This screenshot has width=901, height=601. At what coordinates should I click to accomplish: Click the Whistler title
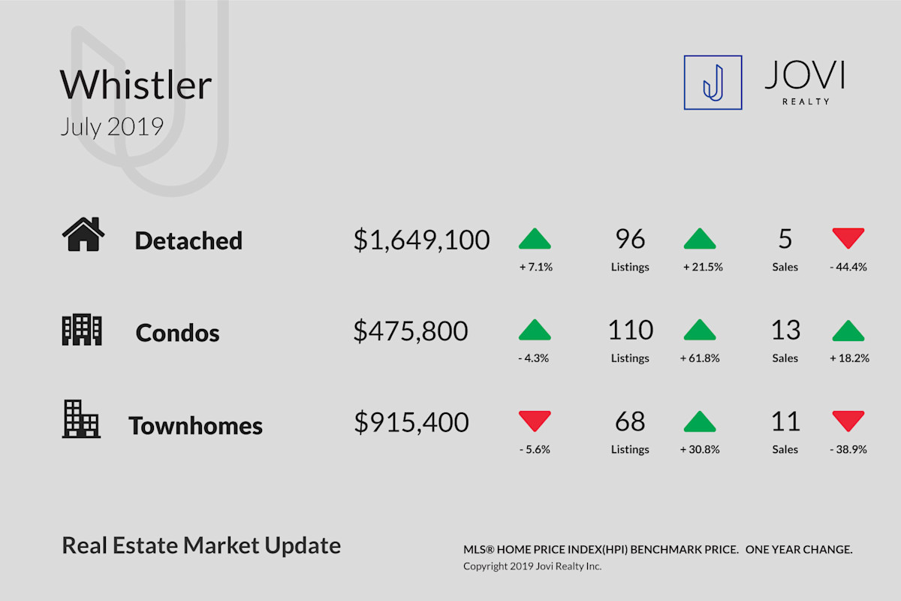coord(136,85)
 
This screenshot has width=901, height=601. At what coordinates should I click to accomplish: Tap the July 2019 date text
coord(112,127)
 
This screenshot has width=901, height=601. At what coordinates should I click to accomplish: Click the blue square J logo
coord(713,83)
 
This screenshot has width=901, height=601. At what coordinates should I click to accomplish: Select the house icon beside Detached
coord(83,234)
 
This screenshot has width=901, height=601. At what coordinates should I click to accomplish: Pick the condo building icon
coord(82,330)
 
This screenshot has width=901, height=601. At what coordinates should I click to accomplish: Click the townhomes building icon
coord(81,419)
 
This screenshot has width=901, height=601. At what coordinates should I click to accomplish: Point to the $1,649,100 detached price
coord(421,240)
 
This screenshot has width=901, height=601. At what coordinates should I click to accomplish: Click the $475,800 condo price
coord(411,331)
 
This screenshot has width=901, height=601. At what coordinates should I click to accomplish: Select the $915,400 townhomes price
coord(411,422)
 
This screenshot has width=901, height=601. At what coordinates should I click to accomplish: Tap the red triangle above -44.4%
coord(848,238)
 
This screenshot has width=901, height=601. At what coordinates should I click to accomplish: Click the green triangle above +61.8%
coord(700,330)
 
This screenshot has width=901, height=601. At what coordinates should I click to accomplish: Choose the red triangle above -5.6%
coord(535,421)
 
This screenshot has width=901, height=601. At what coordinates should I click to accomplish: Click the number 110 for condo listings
coord(631,330)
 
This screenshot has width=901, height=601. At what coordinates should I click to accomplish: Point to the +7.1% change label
coord(536,267)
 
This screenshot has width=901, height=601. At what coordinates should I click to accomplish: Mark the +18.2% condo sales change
coord(849,358)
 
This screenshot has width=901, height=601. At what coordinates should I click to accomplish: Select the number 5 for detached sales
coord(785,239)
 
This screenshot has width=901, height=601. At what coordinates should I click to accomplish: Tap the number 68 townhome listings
coord(630,421)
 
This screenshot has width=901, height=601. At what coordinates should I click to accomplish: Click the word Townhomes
coord(195,425)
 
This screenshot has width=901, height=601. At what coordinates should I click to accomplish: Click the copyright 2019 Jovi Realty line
coord(532,566)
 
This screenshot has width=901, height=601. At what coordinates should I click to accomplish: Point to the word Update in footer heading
coord(303,546)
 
